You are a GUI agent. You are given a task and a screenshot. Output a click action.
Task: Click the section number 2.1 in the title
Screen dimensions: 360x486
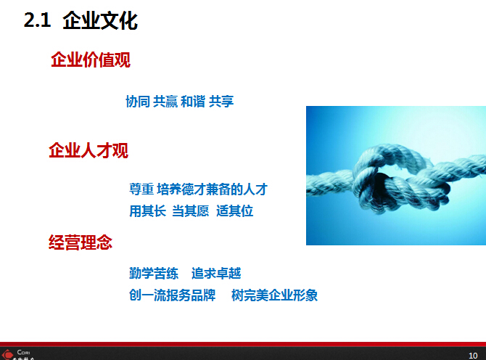point(37,21)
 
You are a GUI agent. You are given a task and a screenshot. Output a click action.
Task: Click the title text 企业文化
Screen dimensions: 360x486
point(100,21)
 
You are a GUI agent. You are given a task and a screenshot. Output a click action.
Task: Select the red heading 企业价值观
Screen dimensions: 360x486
point(91,60)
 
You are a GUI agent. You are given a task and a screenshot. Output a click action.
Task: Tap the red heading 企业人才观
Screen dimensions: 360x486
point(88,151)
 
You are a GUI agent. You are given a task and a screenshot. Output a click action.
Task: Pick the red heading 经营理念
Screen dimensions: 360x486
point(81,242)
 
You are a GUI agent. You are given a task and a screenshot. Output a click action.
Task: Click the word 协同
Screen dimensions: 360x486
point(138,102)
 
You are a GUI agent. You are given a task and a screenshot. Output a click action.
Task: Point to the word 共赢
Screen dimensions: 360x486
point(165,102)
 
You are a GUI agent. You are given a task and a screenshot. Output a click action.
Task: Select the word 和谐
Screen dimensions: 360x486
point(193,102)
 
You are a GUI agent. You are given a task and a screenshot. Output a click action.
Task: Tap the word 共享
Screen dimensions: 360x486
point(221,102)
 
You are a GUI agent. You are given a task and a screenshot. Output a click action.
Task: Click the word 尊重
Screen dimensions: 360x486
point(141,189)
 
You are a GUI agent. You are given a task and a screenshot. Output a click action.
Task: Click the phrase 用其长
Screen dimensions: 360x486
point(148,211)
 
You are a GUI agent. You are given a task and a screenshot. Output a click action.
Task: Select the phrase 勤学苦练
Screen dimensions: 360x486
point(154,274)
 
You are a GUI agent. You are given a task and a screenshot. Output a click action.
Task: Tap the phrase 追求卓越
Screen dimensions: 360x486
point(216,274)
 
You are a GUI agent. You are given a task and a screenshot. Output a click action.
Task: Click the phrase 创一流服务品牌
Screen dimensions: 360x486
point(173,295)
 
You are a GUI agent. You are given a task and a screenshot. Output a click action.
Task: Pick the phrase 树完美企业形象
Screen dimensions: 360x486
point(275,295)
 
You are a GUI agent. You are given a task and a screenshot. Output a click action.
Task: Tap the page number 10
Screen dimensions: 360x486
point(472,353)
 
